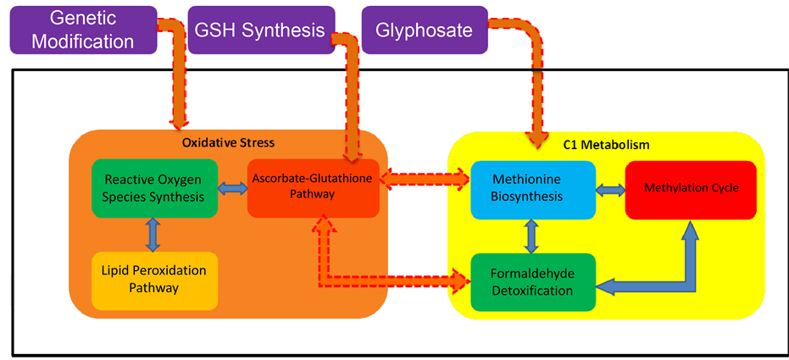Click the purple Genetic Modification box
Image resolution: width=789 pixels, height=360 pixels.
(x=83, y=29)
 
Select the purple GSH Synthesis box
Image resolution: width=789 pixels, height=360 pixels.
(x=260, y=30)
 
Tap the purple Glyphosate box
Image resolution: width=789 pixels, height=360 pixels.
(x=425, y=30)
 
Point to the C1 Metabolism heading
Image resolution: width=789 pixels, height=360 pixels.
(x=606, y=145)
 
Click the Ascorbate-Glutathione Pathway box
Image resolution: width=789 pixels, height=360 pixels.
(x=313, y=187)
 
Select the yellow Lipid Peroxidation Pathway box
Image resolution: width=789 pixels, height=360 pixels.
(x=153, y=280)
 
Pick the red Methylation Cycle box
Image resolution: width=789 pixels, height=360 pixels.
(x=690, y=187)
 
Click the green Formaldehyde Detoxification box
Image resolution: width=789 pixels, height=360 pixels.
(x=532, y=282)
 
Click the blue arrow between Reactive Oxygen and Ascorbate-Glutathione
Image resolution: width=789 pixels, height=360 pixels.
(x=231, y=188)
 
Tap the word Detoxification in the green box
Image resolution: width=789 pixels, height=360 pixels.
(x=532, y=291)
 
